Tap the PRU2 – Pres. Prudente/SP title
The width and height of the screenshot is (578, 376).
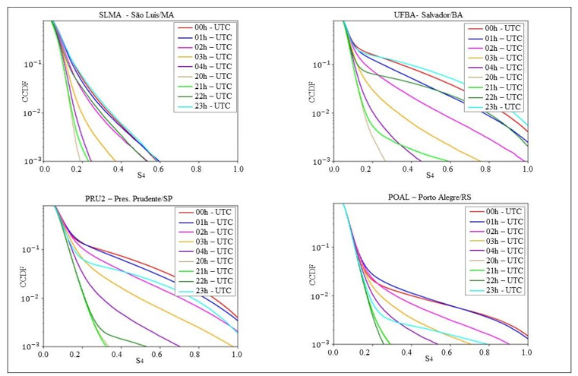(141, 197)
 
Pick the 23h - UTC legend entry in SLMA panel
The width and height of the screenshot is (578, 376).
(210, 106)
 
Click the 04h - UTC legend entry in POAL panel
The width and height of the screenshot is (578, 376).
(497, 250)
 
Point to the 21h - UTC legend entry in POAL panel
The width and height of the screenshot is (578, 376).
(497, 270)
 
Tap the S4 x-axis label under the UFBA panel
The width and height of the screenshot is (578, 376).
(430, 176)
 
